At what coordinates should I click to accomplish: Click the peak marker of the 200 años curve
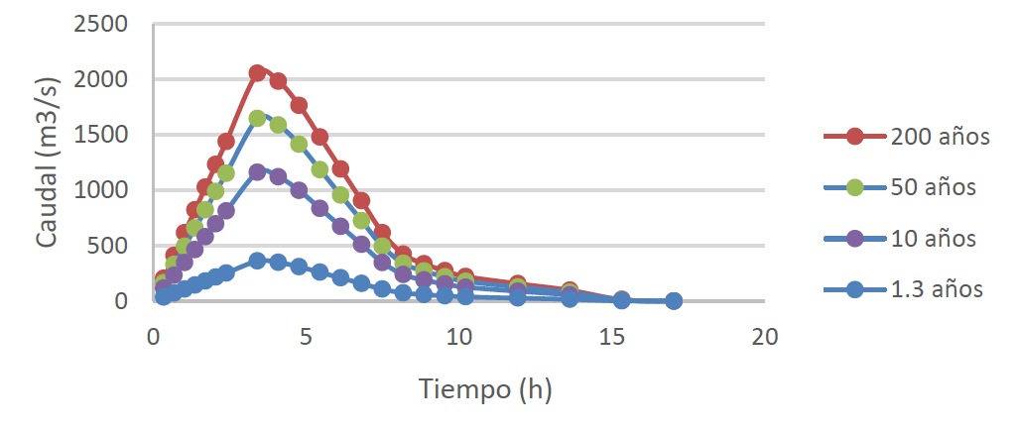[257, 73]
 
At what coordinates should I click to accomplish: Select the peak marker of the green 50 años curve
[257, 119]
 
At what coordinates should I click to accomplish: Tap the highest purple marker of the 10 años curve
[257, 172]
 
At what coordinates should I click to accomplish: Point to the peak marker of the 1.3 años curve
[257, 261]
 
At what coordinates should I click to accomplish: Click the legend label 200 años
[940, 137]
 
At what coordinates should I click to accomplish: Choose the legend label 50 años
[934, 187]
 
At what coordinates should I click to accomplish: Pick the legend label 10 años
[934, 238]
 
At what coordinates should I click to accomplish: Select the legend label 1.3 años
[937, 288]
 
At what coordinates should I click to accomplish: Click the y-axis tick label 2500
[99, 25]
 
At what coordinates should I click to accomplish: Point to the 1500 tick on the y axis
[99, 135]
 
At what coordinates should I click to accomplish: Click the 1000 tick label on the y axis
[99, 190]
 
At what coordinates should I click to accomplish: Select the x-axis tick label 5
[307, 337]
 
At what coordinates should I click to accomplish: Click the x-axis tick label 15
[612, 337]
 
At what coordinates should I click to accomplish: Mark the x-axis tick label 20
[765, 337]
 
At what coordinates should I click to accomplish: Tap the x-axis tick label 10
[459, 337]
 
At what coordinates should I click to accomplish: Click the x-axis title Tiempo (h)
[485, 389]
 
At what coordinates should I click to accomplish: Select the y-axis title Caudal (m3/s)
[47, 162]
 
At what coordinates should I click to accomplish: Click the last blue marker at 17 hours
[674, 300]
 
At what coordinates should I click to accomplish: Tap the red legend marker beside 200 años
[855, 137]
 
